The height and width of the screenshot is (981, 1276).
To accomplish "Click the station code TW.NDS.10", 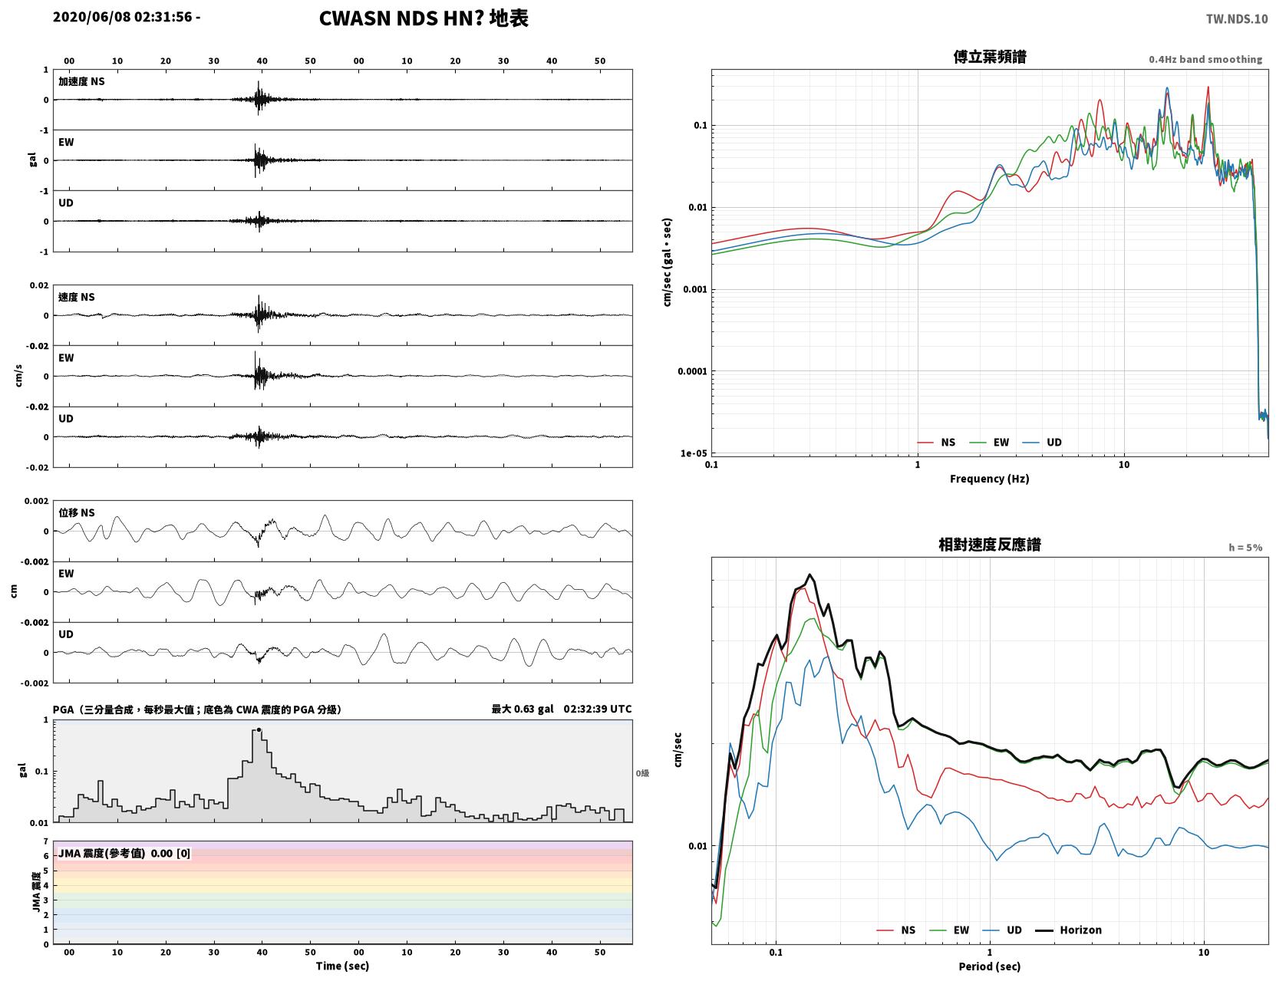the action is click(1236, 18).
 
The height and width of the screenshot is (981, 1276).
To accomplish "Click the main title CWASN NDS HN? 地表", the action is click(424, 18).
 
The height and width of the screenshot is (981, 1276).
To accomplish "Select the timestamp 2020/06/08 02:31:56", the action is click(122, 16).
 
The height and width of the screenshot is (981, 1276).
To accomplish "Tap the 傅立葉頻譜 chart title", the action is click(989, 57).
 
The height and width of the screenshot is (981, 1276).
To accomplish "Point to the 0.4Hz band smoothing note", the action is click(1205, 59).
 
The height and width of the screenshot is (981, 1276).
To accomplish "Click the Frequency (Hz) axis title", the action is click(989, 478).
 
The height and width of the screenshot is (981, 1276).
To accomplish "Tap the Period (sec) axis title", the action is click(989, 966).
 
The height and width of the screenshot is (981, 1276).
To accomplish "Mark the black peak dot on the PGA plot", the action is click(259, 730).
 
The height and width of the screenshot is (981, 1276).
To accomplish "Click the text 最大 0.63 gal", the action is click(522, 709).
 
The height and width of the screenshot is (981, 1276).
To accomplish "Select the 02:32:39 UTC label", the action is click(597, 709).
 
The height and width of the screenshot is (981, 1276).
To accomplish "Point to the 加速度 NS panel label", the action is click(81, 81).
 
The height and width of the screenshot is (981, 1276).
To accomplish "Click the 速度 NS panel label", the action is click(76, 297).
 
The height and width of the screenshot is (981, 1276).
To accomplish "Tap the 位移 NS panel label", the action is click(76, 512).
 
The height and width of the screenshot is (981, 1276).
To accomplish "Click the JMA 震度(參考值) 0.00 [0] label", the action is click(124, 852).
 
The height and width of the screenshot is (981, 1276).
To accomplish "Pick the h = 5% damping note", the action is click(1245, 548).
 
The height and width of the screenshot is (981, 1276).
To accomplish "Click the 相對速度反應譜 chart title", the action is click(989, 545).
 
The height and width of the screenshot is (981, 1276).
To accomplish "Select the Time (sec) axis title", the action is click(342, 965).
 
